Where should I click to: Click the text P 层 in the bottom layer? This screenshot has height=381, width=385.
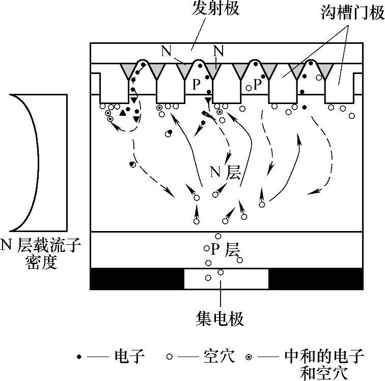point(225,250)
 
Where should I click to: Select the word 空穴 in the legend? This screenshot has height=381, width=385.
point(219,356)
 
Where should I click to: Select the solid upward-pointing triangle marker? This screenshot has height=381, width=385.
point(122,113)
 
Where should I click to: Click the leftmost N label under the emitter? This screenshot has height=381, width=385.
point(166,50)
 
